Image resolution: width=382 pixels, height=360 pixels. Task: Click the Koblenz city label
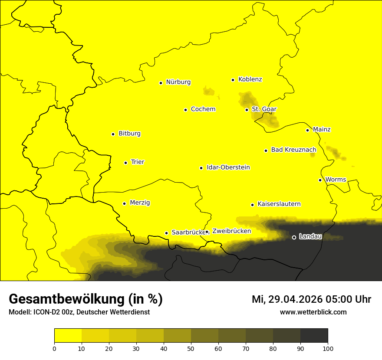click(x=250, y=79)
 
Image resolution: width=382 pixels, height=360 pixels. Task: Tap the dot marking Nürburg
click(x=161, y=82)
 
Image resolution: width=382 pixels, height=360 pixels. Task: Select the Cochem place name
click(x=203, y=109)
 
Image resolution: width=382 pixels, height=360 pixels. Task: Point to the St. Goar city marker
click(x=247, y=110)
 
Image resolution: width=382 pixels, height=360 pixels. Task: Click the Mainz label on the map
click(x=322, y=130)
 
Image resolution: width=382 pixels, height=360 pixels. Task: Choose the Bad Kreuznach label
click(x=293, y=150)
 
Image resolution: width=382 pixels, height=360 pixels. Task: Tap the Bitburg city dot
click(x=113, y=134)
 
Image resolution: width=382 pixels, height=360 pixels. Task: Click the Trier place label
click(x=137, y=162)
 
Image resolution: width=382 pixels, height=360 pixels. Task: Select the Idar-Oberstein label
click(x=228, y=167)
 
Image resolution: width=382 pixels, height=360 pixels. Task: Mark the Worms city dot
click(x=320, y=180)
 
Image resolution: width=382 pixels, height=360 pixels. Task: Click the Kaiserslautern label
click(x=279, y=204)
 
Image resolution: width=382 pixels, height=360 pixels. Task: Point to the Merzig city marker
click(x=124, y=203)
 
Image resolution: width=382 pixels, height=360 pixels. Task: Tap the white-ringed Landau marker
click(x=294, y=237)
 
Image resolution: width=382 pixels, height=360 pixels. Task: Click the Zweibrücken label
click(x=231, y=231)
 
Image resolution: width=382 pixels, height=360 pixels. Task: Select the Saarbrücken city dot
click(x=166, y=233)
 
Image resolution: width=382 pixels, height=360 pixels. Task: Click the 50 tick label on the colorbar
click(x=191, y=348)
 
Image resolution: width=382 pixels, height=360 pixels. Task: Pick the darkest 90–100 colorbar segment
click(x=314, y=336)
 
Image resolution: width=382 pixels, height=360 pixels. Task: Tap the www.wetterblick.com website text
click(x=313, y=312)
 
